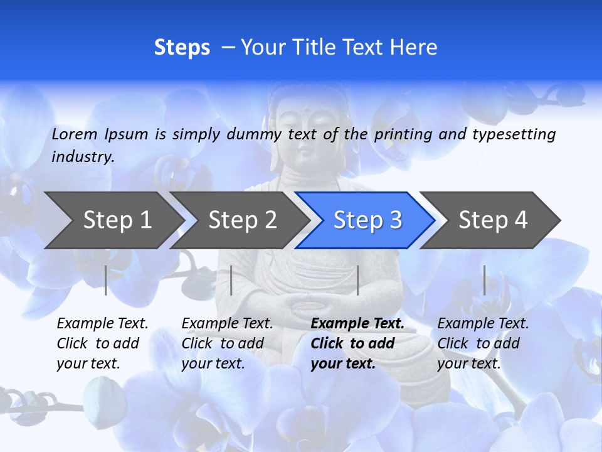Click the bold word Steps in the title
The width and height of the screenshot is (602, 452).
pos(182,48)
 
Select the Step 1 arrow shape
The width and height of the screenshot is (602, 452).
pos(113,220)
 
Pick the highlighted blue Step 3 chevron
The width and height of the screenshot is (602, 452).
pos(367,220)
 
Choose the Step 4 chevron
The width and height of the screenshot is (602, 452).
pos(492,220)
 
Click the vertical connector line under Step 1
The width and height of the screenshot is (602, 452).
pos(106,280)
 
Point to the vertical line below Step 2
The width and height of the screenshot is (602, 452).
pos(231,280)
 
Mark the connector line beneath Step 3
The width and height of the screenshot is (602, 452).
pos(357,280)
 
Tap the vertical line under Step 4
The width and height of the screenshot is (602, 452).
pos(484,280)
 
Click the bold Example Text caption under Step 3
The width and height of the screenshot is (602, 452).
pos(357,343)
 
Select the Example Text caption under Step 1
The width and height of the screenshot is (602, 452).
pos(102,343)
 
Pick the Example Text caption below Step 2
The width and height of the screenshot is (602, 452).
pos(227,343)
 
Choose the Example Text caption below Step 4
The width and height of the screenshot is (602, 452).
pos(483,343)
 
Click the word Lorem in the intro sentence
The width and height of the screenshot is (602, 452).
pos(75,134)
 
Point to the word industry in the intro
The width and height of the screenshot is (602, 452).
pos(82,157)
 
